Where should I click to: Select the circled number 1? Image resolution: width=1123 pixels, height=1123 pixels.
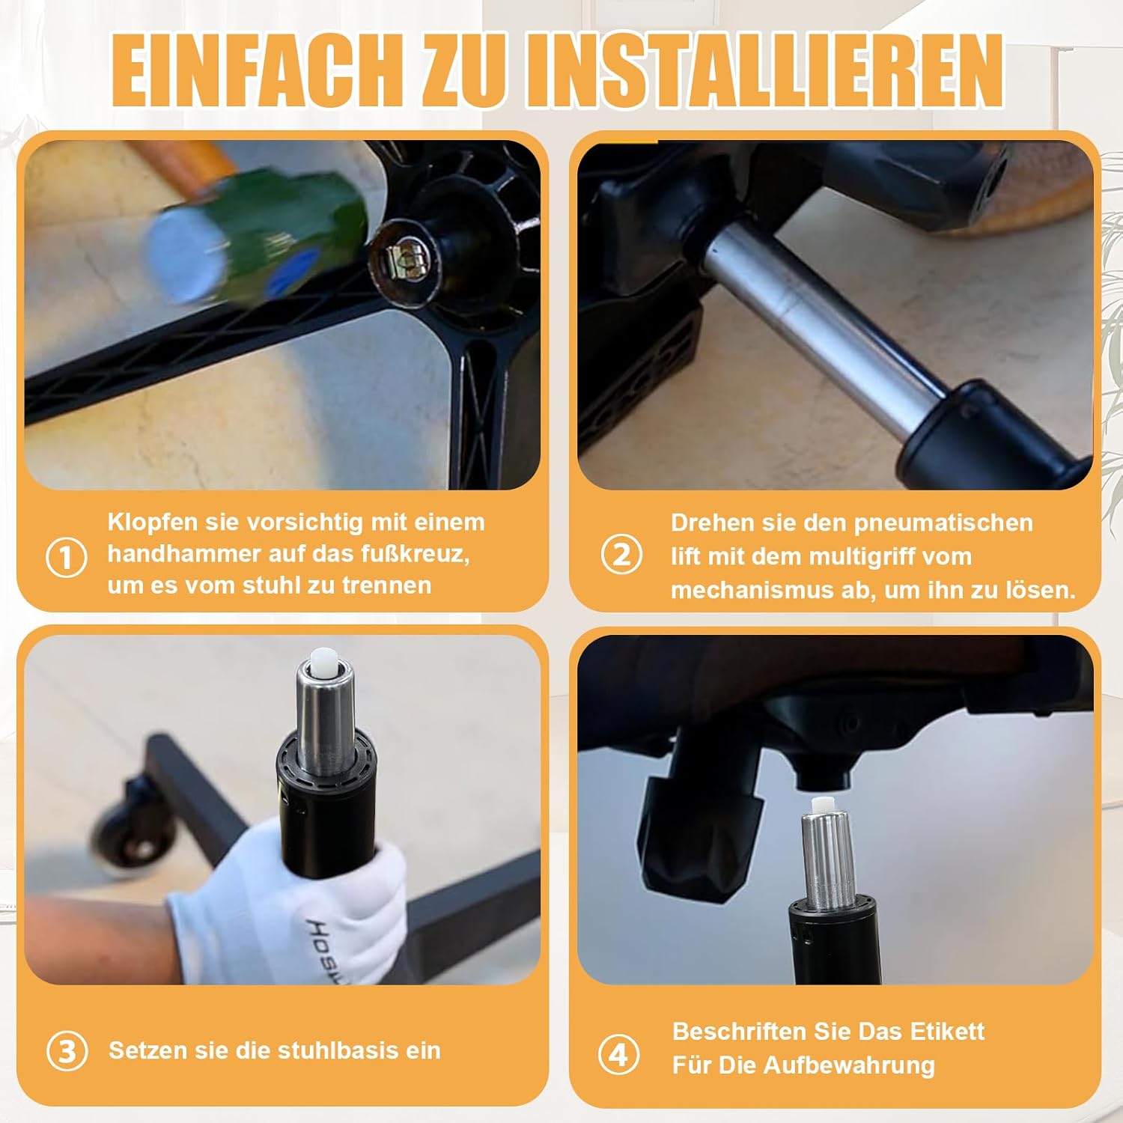(x=66, y=557)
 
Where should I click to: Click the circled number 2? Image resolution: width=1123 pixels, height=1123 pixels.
(x=621, y=555)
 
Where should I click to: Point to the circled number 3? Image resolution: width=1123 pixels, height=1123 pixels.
(x=67, y=1050)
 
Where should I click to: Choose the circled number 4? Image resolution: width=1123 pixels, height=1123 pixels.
(x=618, y=1054)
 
